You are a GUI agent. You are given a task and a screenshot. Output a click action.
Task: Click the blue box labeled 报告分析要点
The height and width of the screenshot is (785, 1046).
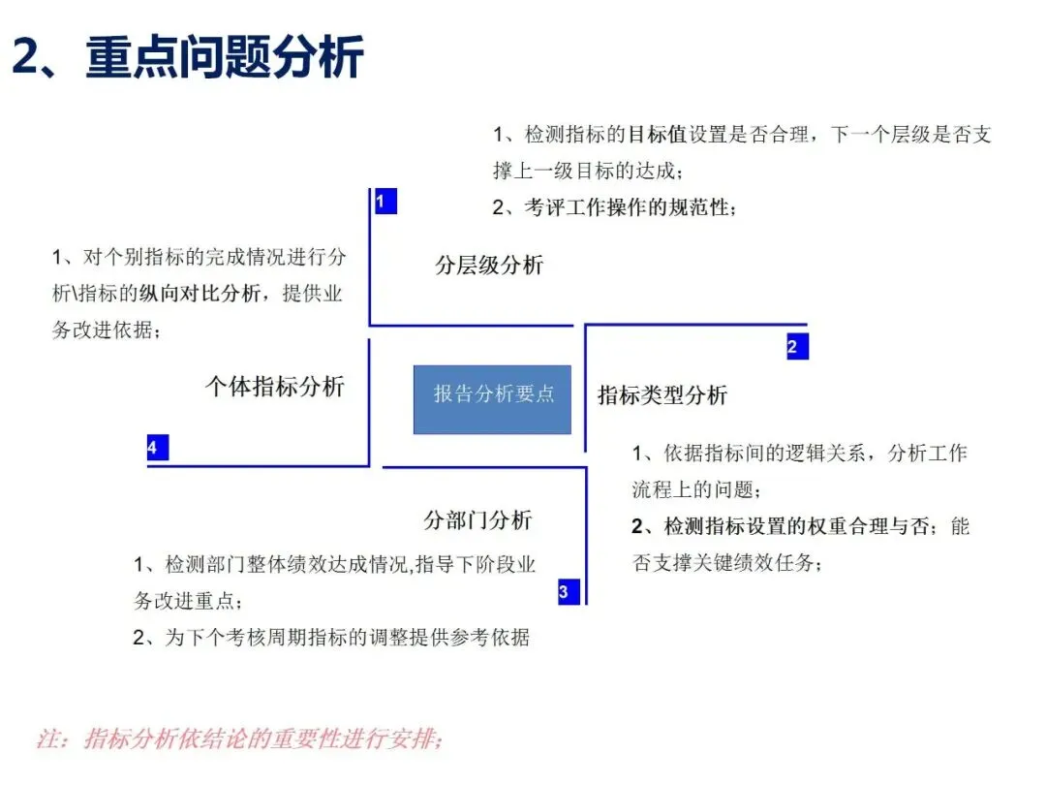point(492,398)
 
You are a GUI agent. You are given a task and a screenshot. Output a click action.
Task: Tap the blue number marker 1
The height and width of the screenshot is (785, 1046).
point(385,202)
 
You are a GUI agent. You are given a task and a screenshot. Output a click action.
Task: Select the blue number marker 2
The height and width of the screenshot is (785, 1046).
point(796,347)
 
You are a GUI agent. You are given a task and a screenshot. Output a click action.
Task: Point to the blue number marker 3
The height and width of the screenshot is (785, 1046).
point(569,591)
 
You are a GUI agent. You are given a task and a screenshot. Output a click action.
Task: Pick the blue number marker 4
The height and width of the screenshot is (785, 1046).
point(157,448)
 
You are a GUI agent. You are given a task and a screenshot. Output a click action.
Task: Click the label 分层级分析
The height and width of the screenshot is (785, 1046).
point(489,266)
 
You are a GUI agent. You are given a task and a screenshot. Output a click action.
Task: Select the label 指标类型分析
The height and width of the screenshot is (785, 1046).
point(662,394)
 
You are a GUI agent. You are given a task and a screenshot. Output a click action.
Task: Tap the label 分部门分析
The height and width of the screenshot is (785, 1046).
point(477,519)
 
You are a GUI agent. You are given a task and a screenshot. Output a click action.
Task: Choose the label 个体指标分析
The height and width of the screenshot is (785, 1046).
point(275,387)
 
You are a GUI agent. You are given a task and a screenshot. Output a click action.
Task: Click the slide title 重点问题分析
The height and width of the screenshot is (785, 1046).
point(225,57)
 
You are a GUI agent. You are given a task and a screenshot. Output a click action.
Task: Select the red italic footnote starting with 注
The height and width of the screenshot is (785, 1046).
point(240,738)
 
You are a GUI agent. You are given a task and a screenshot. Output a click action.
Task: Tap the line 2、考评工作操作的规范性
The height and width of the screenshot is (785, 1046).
point(614,207)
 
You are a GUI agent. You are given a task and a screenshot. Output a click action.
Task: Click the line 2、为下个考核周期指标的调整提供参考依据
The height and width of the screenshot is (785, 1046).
point(331,637)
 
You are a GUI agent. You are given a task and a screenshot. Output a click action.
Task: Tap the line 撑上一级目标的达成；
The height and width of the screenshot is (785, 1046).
point(589,171)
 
